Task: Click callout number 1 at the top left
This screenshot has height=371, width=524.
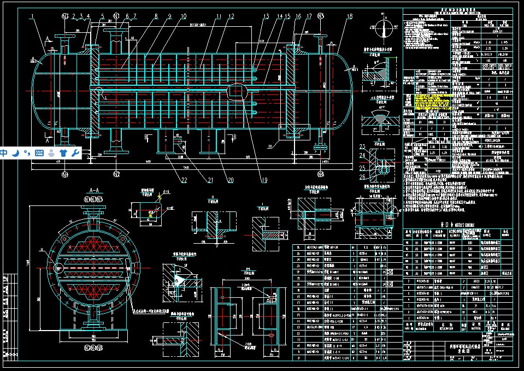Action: click(x=31, y=16)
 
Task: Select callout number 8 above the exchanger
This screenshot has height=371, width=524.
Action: click(x=156, y=16)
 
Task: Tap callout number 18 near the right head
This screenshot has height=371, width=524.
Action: click(x=349, y=16)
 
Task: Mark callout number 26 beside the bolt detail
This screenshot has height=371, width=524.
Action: click(x=362, y=176)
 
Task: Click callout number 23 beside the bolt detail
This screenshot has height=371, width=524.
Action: click(x=362, y=146)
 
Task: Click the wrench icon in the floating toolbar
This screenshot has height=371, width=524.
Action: click(x=75, y=152)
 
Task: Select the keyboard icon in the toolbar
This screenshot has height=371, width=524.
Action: click(x=39, y=152)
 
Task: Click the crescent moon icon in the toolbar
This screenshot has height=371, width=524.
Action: click(x=16, y=152)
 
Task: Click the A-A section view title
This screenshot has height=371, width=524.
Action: click(x=93, y=191)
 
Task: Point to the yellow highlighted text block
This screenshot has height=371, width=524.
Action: click(x=432, y=101)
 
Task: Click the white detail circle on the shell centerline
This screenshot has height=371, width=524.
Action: click(x=236, y=89)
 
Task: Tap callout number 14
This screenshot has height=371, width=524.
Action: click(x=279, y=16)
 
